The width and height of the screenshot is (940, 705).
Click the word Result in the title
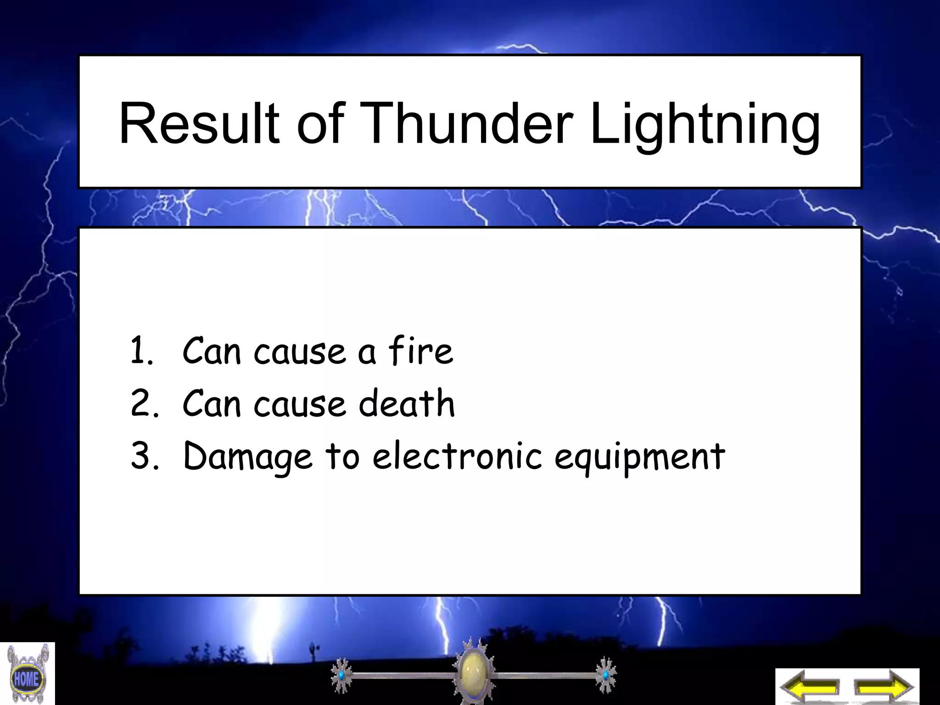point(199,123)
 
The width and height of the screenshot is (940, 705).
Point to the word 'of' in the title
point(320,123)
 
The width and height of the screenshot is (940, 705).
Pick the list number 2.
point(143,403)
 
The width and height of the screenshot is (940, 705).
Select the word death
point(407,403)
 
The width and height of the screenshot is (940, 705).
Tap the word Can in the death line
point(211,403)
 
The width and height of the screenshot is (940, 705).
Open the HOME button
point(27,677)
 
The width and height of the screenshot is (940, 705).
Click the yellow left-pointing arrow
point(810,687)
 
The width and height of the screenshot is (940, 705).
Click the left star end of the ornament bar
point(341,675)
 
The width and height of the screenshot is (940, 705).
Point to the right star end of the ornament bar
point(605,675)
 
